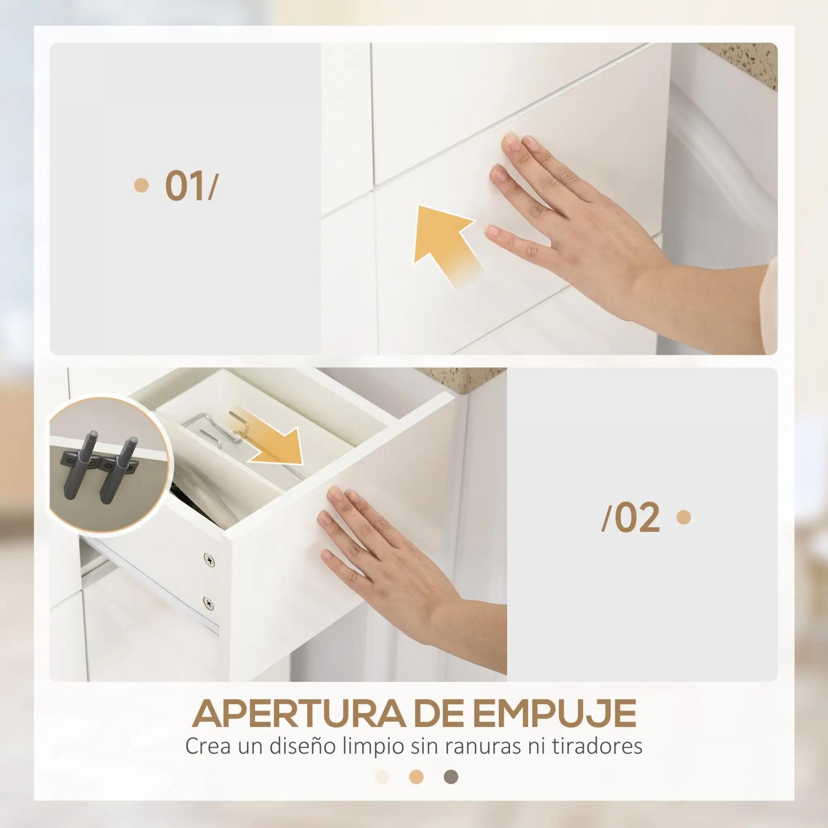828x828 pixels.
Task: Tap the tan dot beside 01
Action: pyautogui.click(x=141, y=185)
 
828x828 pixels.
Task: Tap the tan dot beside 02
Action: pyautogui.click(x=684, y=517)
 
